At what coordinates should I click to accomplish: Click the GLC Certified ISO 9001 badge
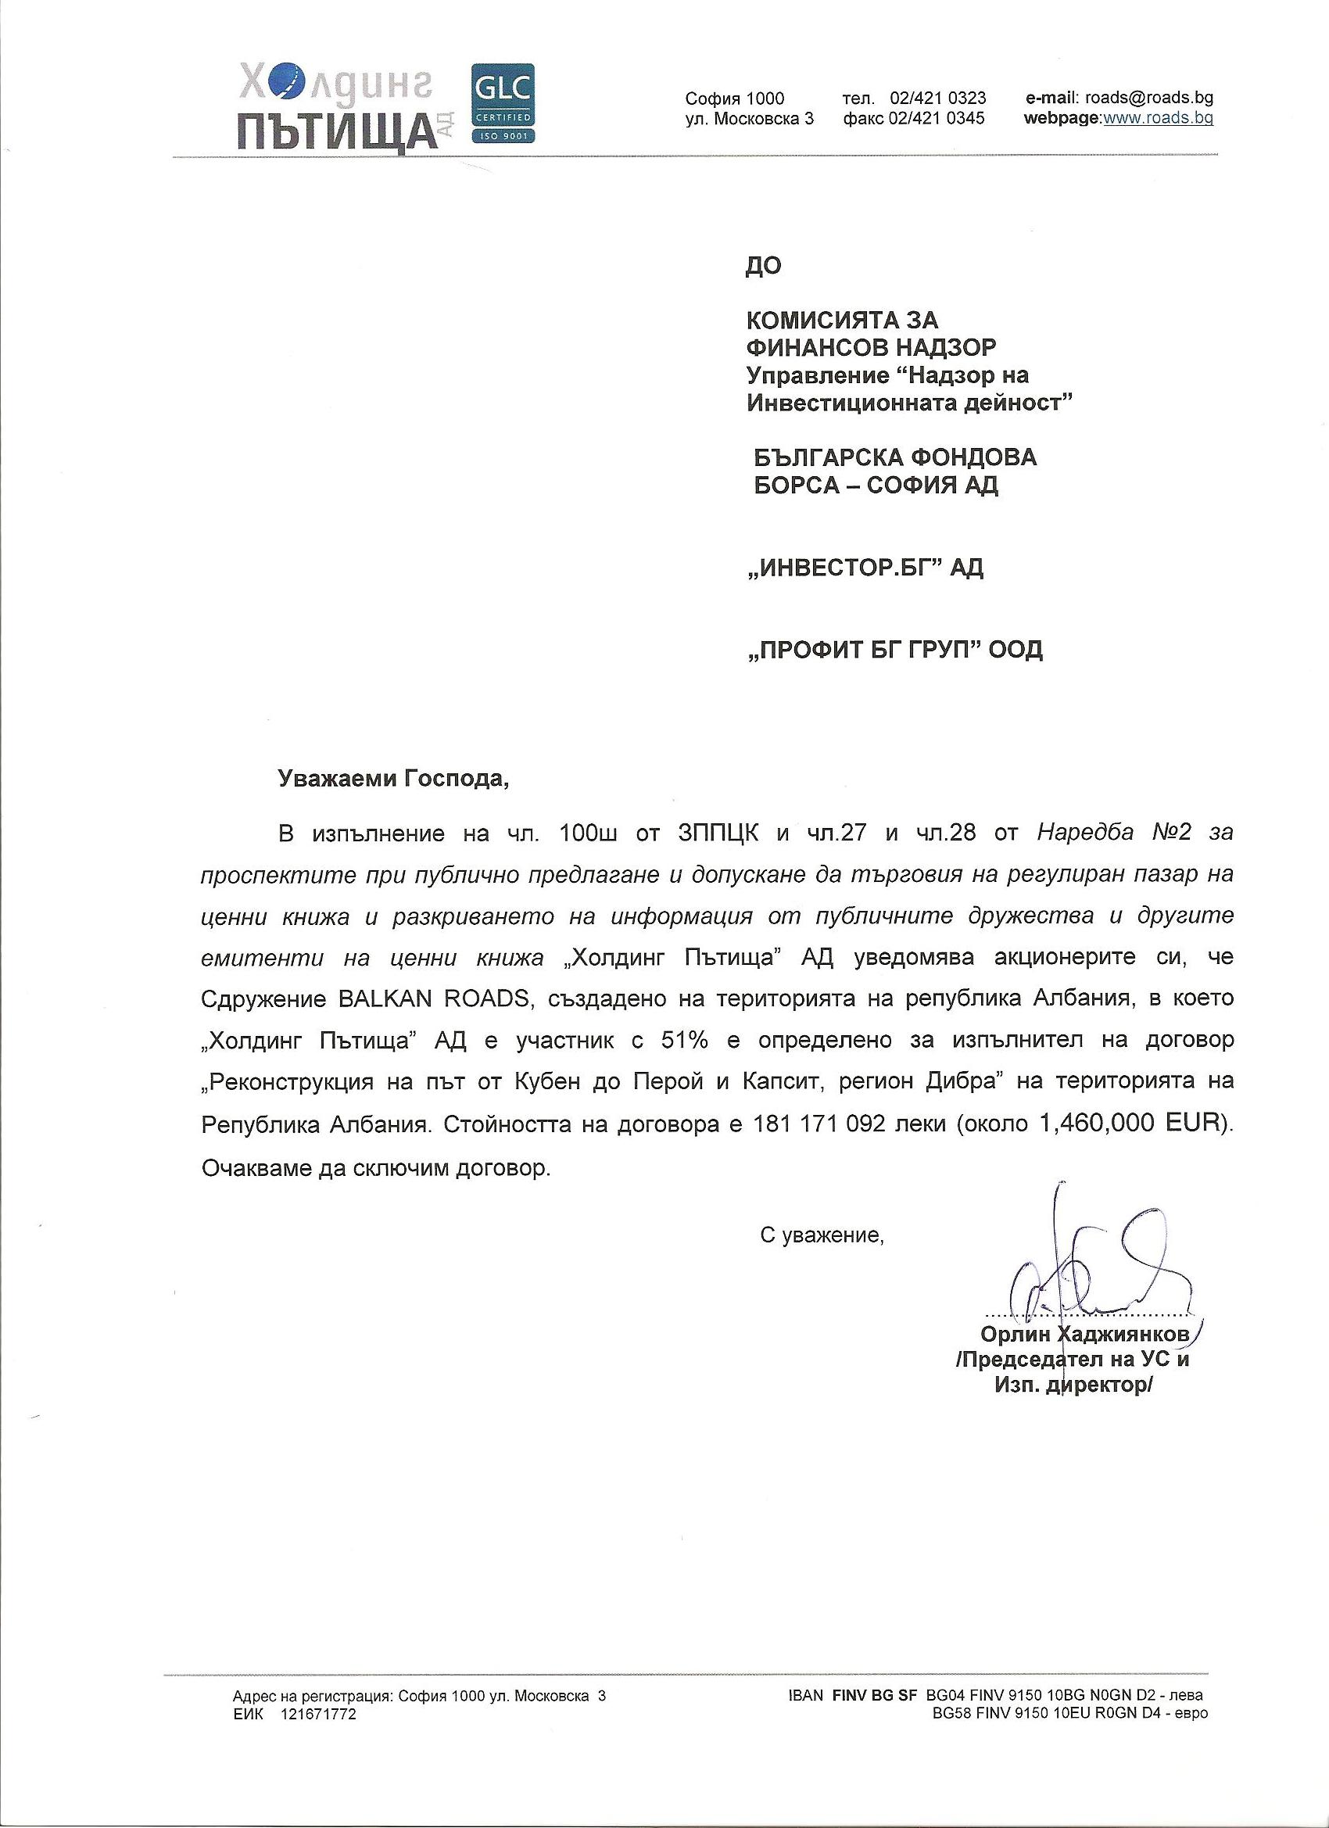click(x=502, y=104)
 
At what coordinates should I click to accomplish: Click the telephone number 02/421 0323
click(x=937, y=99)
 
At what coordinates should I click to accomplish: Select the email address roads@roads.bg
click(x=1148, y=99)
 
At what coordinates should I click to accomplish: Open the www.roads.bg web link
click(x=1157, y=120)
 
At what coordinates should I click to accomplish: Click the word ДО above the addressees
click(x=763, y=267)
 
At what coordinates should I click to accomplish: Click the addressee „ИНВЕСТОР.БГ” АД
click(x=865, y=568)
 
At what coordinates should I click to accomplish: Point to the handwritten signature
click(x=1088, y=1274)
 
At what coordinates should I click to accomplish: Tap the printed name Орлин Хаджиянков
click(x=1084, y=1333)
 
